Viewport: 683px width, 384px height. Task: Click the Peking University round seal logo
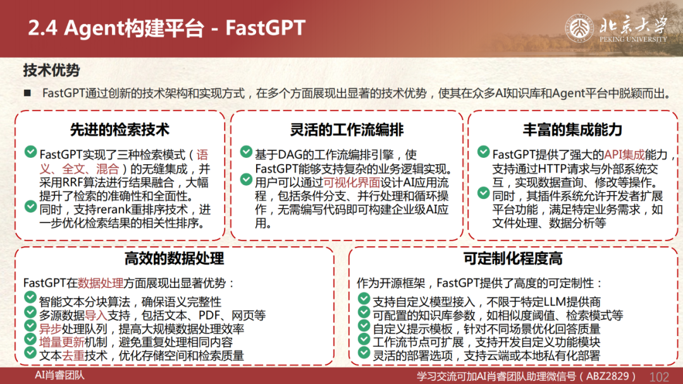579,28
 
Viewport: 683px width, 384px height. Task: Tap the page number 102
659,376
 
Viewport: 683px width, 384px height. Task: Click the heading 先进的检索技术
120,129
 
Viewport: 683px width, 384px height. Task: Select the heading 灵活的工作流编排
347,129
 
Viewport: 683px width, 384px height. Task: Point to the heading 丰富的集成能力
572,129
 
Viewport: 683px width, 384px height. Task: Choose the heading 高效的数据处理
175,258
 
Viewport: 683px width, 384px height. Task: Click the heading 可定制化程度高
513,258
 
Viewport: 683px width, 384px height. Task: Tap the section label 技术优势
51,70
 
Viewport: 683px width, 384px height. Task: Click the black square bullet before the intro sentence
27,93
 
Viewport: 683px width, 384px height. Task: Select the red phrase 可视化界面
352,183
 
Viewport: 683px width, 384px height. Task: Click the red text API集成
624,154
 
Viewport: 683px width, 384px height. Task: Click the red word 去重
73,356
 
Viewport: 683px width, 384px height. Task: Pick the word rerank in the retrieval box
114,210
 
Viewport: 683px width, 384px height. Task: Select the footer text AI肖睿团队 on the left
59,375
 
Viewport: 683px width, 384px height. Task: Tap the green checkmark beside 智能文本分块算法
30,298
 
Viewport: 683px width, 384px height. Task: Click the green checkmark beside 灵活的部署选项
364,352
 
